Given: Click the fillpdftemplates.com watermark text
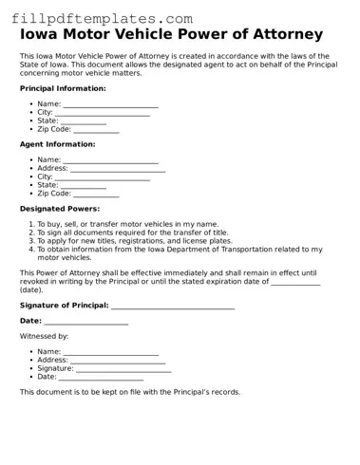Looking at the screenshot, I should coord(102,18).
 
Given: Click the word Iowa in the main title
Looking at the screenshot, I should coord(41,35).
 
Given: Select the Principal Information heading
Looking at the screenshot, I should coord(63,88).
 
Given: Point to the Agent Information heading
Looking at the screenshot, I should coord(58,144).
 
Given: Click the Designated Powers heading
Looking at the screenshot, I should coord(60,209).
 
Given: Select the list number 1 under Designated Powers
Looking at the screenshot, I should coord(30,224).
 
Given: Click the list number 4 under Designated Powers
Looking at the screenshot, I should coord(30,250).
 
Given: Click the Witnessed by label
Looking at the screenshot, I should coord(44,336).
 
